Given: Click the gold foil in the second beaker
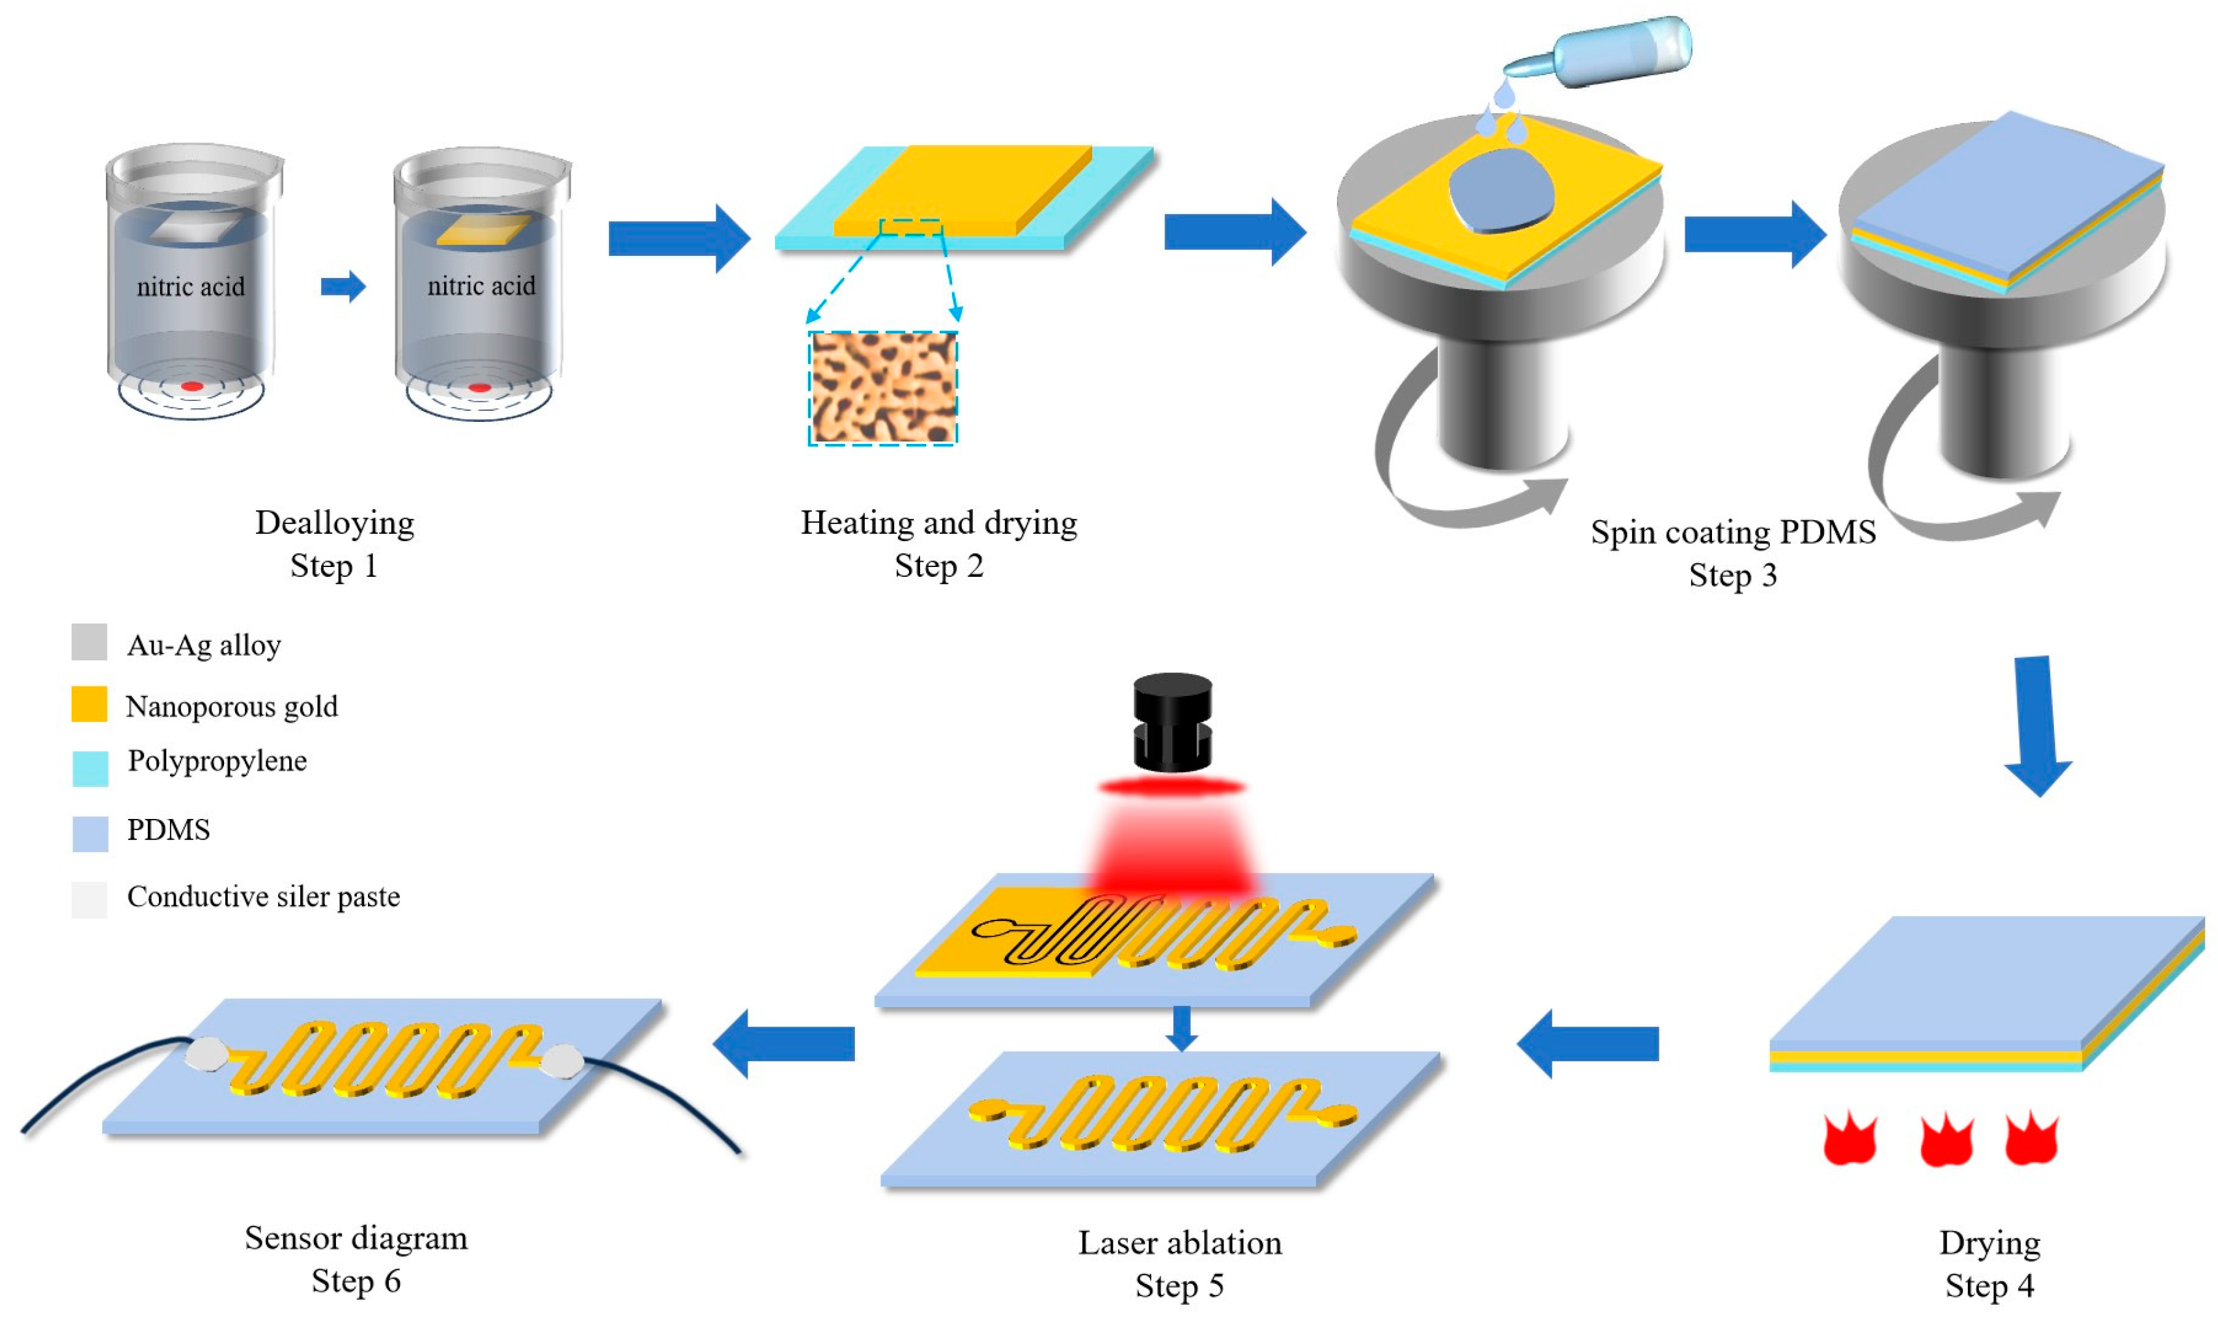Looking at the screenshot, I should (484, 230).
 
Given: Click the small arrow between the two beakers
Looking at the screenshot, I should (343, 286).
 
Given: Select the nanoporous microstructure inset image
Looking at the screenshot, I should (882, 388).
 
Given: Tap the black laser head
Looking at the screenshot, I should (1172, 723).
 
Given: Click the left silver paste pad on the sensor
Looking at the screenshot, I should (206, 1053).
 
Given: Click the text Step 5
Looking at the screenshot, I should (1179, 1286).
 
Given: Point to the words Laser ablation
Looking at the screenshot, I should (1179, 1242).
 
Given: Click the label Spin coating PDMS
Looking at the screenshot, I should (1732, 532).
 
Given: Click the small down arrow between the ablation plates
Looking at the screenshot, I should (1181, 1028).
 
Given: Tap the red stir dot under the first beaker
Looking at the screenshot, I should (191, 387).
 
